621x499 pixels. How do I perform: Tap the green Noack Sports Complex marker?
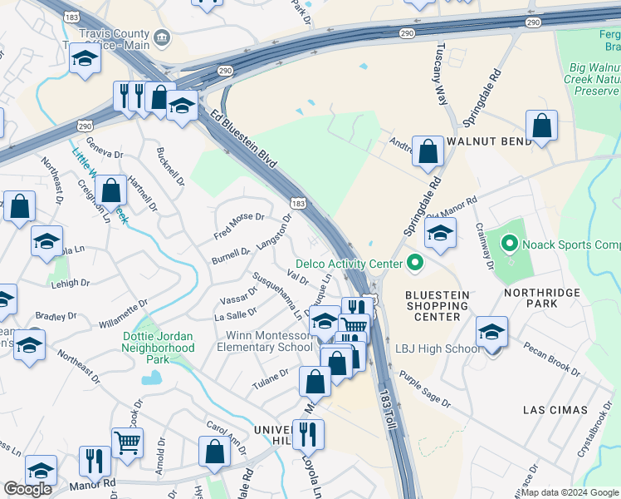tap(510, 245)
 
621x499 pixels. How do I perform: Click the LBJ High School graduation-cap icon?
tap(492, 334)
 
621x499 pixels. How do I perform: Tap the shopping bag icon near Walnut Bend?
tap(541, 127)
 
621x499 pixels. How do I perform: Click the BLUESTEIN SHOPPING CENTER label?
tap(437, 305)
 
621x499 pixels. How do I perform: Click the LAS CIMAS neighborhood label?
tap(555, 410)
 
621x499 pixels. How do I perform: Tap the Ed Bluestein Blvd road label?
tap(242, 138)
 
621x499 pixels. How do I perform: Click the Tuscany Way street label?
tap(437, 75)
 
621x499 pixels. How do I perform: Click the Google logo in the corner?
tap(27, 489)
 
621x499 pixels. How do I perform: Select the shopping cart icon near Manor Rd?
tap(127, 443)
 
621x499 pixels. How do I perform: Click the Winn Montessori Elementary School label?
tap(264, 341)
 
